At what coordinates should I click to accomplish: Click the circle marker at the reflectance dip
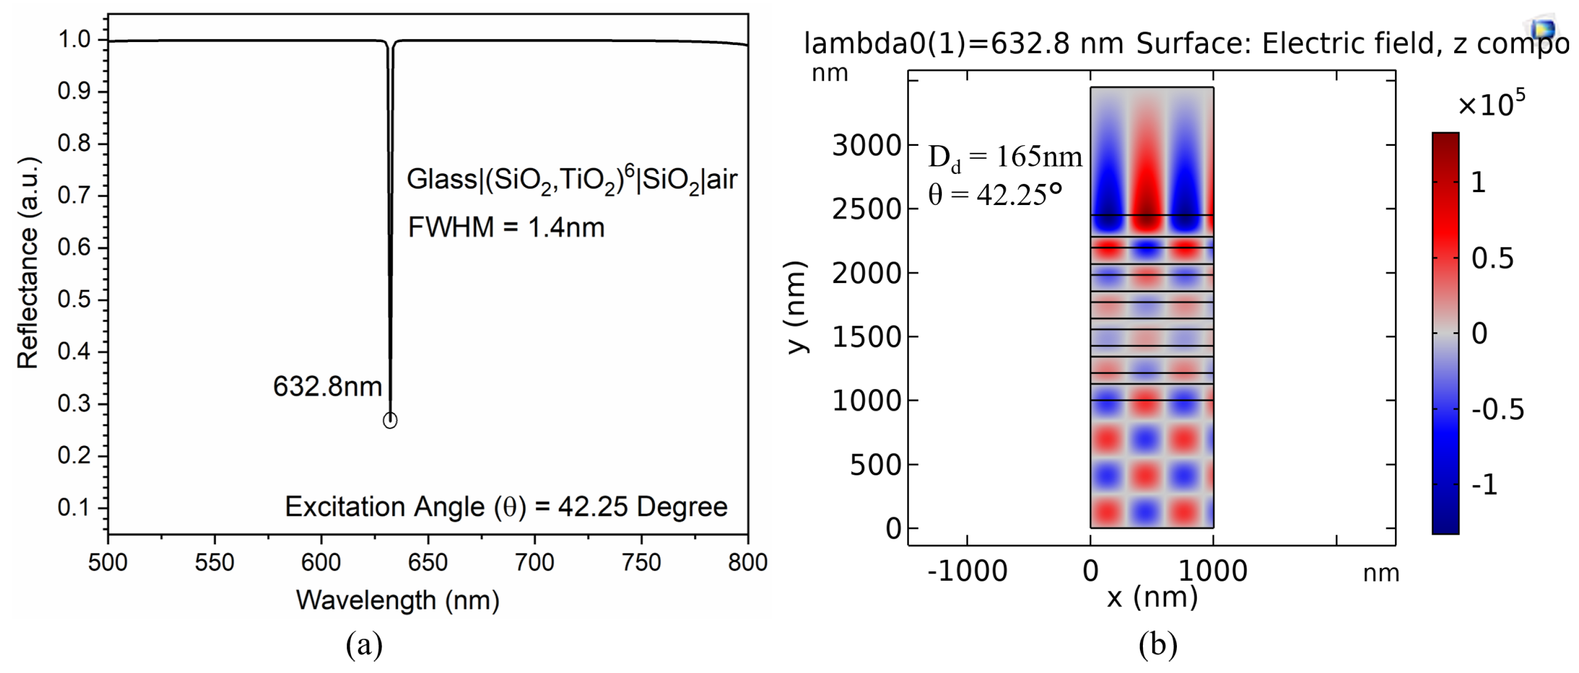(390, 421)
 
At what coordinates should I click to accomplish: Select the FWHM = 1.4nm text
(506, 228)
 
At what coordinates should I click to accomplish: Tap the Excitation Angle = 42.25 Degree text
(506, 507)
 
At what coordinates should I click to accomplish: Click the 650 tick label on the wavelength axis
(428, 563)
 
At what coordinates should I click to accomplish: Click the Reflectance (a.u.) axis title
(28, 263)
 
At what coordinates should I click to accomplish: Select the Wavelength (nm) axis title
(397, 600)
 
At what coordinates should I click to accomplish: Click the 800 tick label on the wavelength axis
(747, 563)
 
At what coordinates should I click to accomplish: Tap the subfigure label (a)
(364, 645)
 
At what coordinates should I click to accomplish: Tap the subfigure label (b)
(1158, 645)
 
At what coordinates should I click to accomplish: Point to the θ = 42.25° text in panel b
(995, 195)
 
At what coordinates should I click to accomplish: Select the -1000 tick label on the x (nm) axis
(967, 572)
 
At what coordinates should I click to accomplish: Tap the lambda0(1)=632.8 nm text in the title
(964, 44)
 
